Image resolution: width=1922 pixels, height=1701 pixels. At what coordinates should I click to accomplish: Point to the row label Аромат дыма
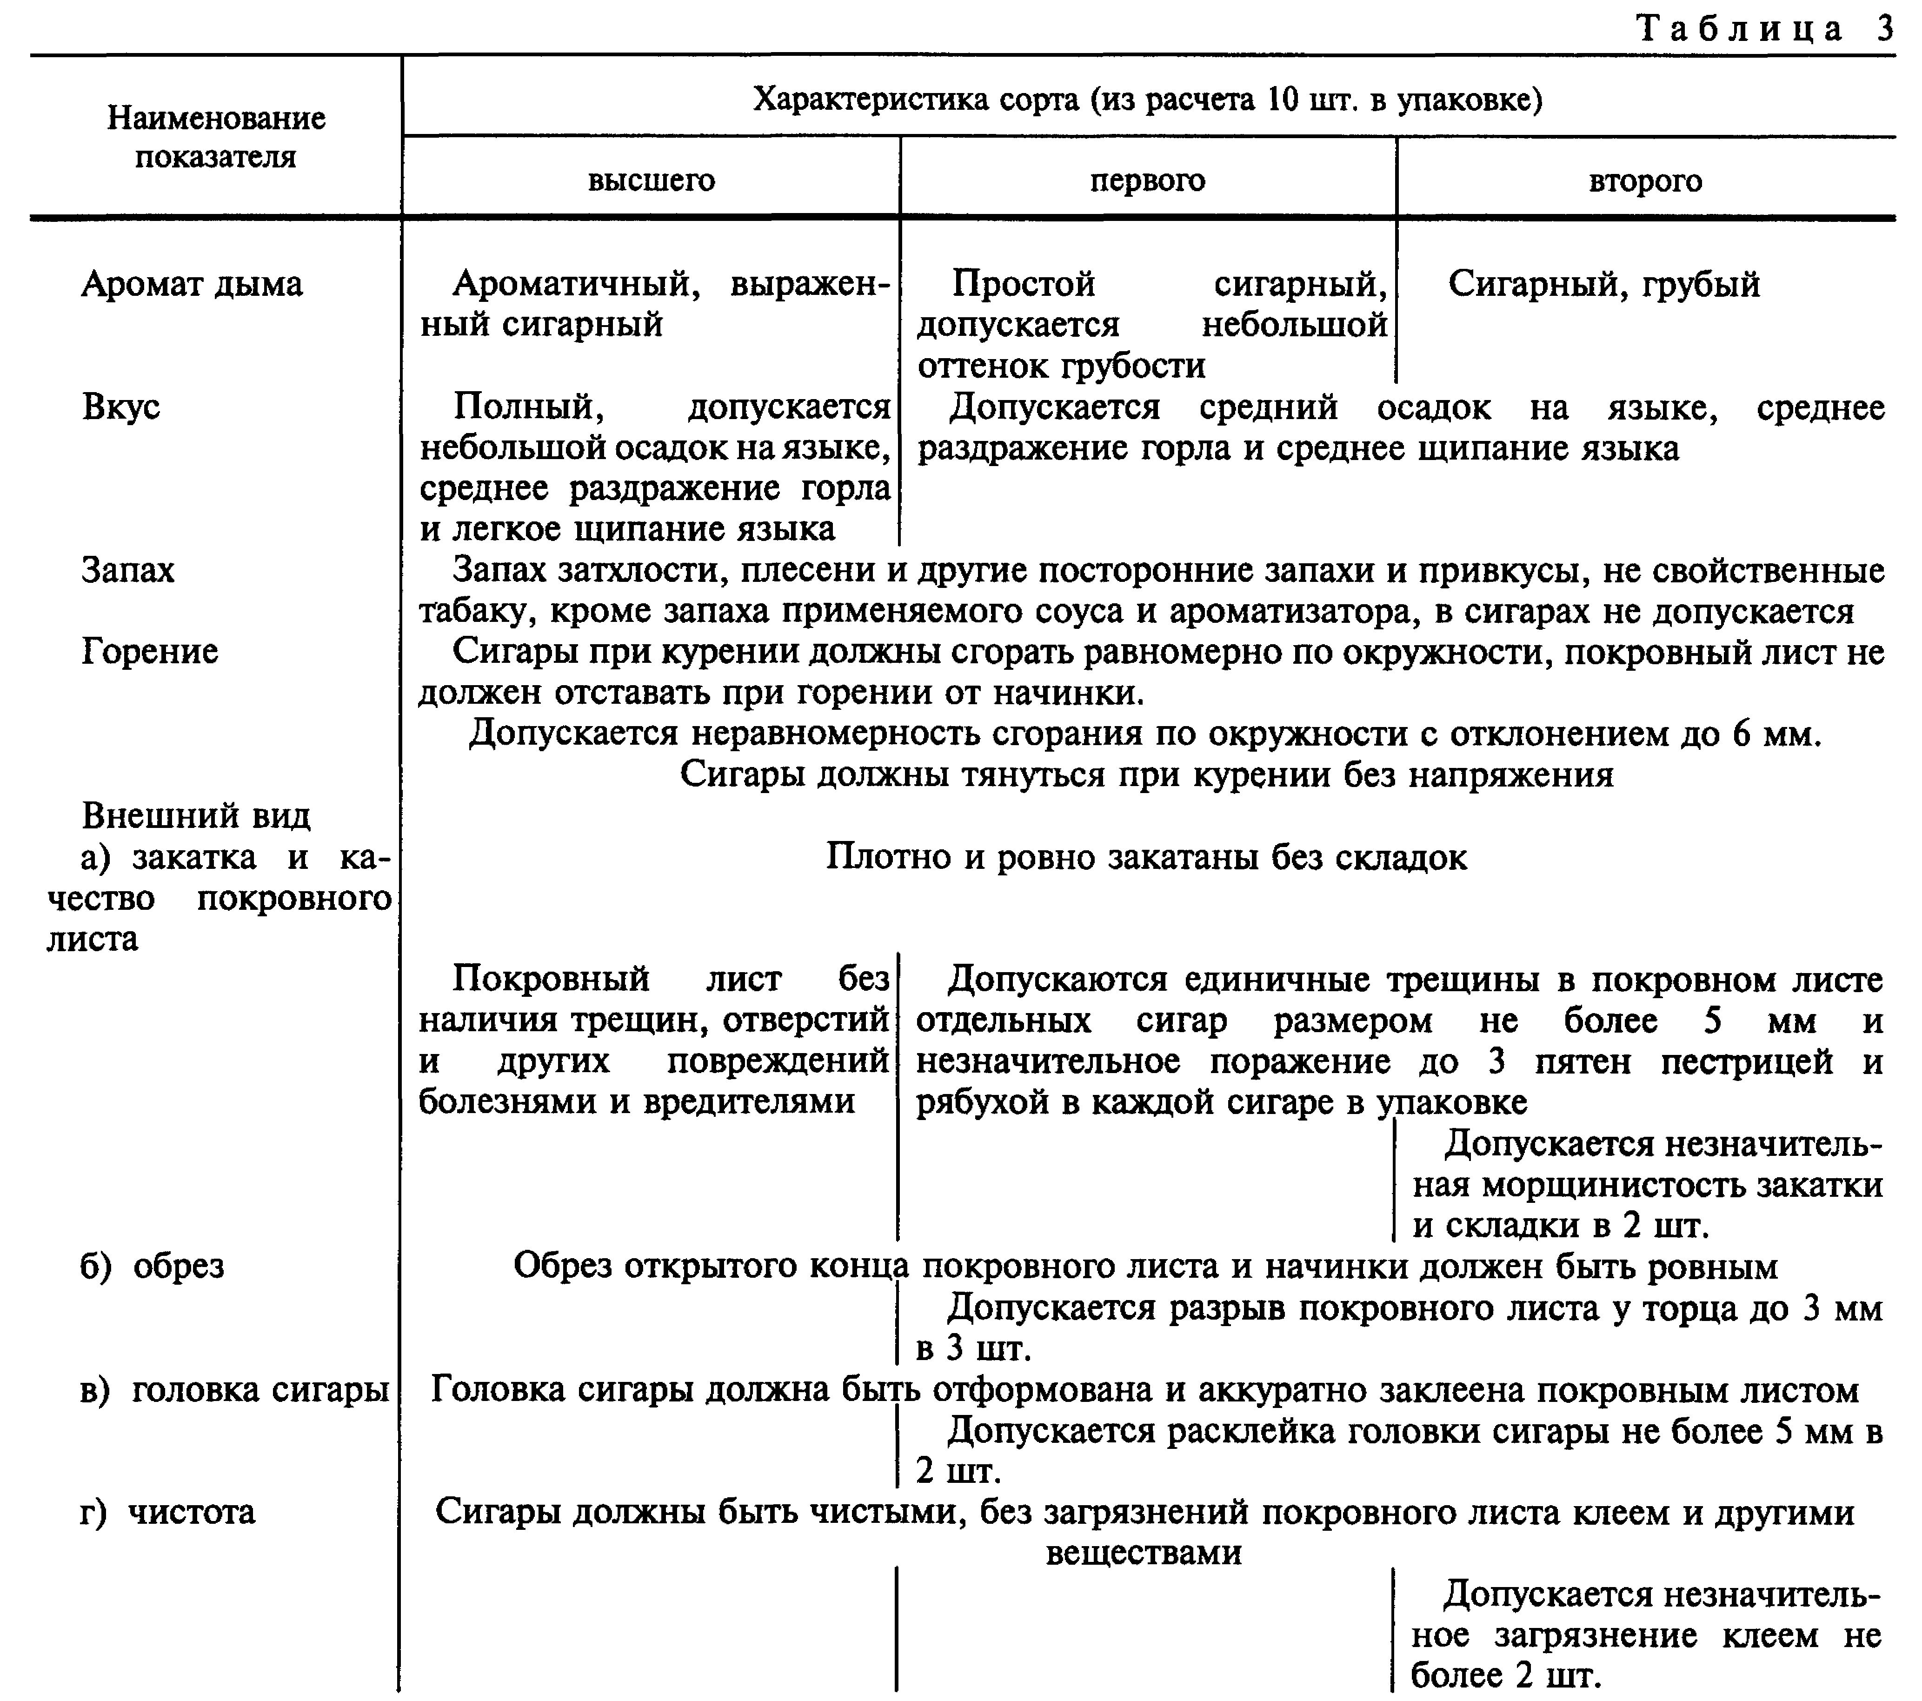(x=192, y=284)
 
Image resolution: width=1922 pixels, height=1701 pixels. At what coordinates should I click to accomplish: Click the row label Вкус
(x=120, y=407)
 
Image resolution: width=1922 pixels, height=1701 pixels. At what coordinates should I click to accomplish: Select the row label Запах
(x=128, y=570)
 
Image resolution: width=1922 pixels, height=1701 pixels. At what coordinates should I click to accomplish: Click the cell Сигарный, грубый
(x=1603, y=284)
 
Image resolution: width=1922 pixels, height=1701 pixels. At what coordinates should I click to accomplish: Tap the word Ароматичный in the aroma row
(x=575, y=284)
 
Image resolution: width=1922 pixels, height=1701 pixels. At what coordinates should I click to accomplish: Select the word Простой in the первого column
(x=1023, y=284)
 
